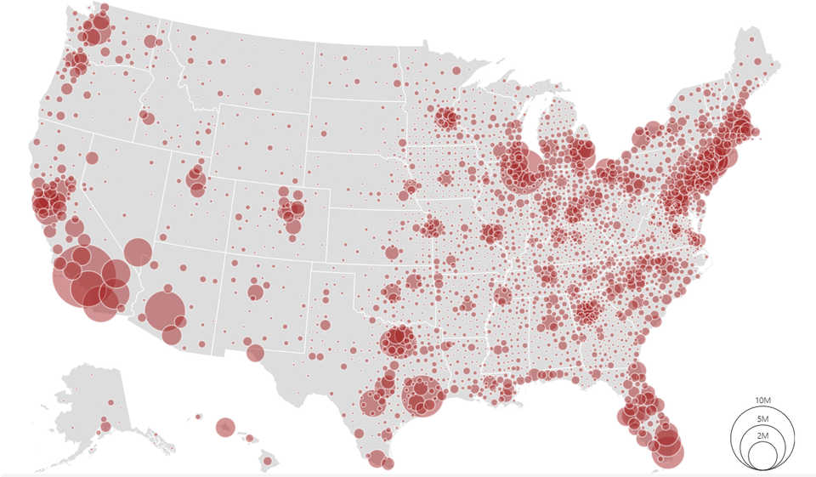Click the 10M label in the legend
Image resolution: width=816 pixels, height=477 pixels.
(762, 400)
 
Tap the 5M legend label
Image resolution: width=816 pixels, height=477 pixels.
(762, 418)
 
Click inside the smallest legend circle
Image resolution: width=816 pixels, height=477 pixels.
(762, 456)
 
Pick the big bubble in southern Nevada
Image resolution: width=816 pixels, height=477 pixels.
(137, 252)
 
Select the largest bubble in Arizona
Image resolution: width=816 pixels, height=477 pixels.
(165, 309)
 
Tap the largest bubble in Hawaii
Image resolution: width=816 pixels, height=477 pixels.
(225, 427)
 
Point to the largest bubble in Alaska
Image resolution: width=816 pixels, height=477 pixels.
(105, 426)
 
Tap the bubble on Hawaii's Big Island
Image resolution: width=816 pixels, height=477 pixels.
(267, 461)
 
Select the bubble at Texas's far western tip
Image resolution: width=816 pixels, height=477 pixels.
(255, 353)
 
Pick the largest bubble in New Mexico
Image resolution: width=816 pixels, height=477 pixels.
(255, 292)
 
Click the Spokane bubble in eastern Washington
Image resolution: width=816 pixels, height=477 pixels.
(150, 42)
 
